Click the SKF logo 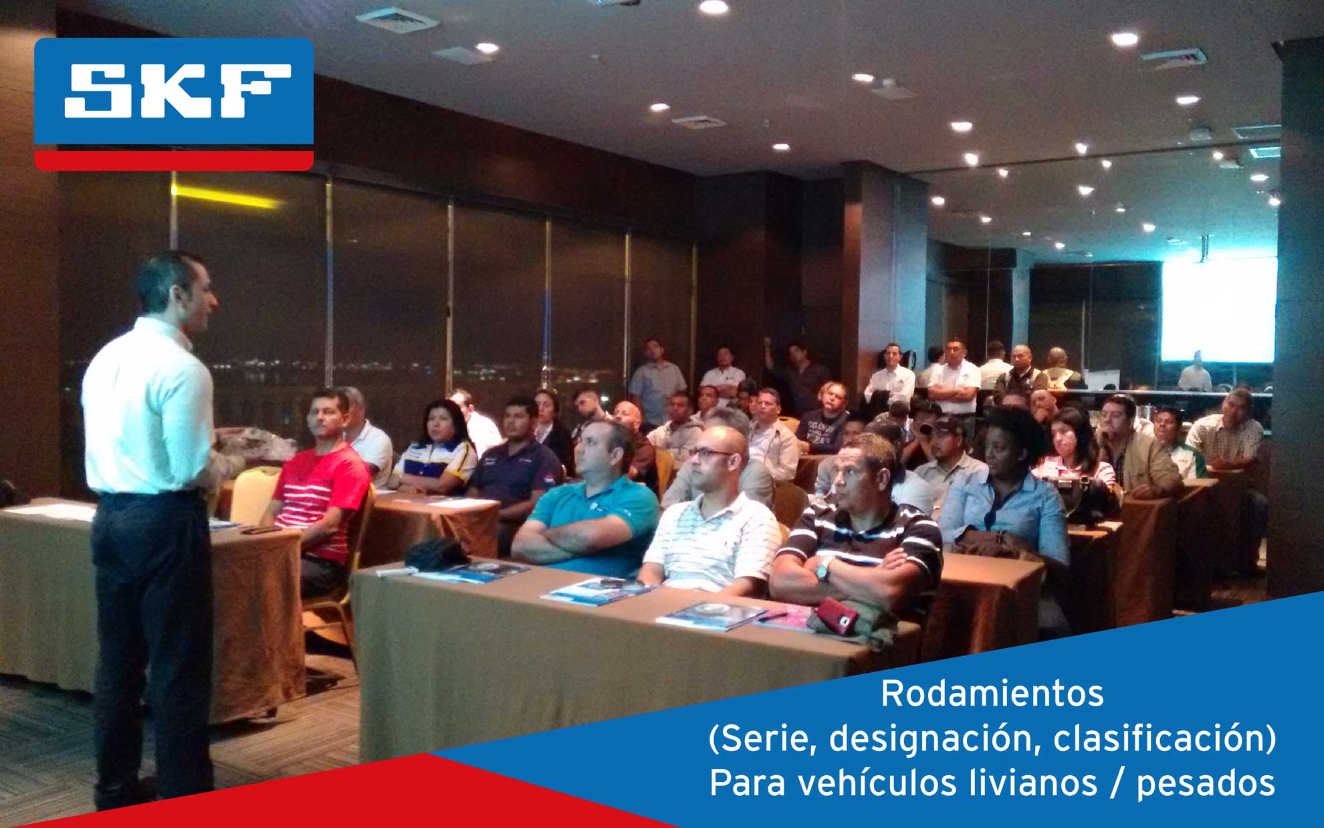(x=174, y=104)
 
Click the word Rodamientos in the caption (x=992, y=694)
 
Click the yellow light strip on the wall (x=225, y=196)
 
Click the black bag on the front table (x=436, y=554)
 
